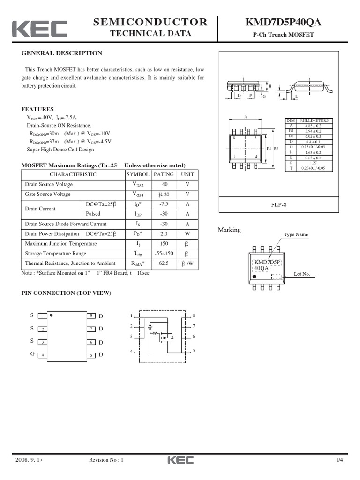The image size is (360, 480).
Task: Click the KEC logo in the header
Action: pos(39,29)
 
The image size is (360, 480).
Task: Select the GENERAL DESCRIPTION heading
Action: pos(62,53)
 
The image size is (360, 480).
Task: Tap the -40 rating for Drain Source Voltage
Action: pos(163,184)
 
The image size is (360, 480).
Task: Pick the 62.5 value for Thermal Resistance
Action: pos(164,263)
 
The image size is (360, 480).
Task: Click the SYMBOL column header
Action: pos(138,174)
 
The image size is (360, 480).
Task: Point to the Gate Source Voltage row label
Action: pos(48,194)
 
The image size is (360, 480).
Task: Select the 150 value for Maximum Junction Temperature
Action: pos(164,244)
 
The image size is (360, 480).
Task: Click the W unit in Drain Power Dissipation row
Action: pos(187,234)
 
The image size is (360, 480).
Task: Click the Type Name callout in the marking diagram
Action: pos(296,234)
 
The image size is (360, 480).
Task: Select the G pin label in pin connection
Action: pos(32,354)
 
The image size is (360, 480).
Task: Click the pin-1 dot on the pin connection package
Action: pos(51,315)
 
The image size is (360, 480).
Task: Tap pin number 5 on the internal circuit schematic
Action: pos(194,351)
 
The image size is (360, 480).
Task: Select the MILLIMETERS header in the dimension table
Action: pos(314,120)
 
